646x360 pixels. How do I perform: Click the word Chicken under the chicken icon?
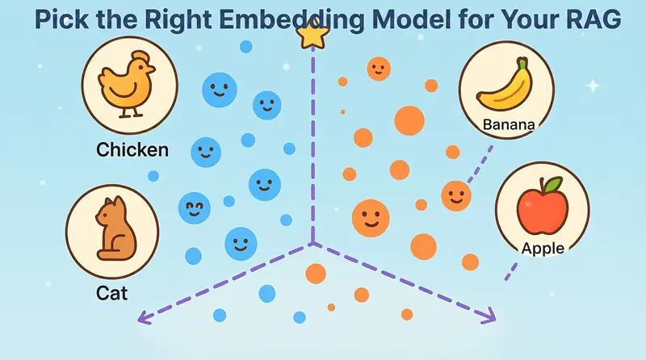coord(132,150)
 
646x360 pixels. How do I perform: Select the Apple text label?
coord(543,249)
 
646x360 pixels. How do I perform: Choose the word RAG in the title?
coord(598,18)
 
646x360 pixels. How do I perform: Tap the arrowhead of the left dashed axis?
coord(141,317)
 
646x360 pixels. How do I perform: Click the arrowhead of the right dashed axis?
coord(490,317)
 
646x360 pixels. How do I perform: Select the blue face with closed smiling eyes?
coord(194,207)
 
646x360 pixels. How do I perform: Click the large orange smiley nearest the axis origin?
coord(371,216)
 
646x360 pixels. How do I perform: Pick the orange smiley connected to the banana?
coord(456,195)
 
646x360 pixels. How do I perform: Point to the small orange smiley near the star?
coord(379,69)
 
